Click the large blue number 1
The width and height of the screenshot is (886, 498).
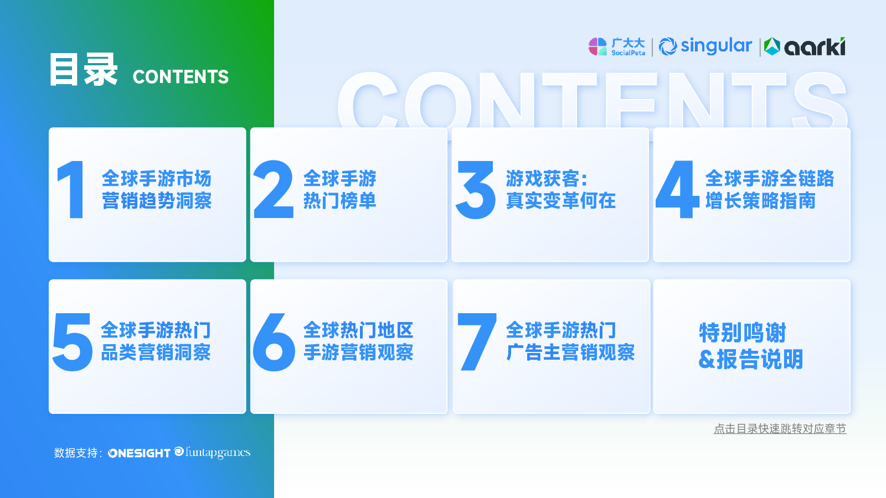tap(73, 189)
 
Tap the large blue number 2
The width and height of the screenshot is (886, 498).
tap(274, 189)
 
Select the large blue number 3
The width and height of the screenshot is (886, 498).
tap(476, 190)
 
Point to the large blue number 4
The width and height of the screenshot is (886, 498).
tap(677, 189)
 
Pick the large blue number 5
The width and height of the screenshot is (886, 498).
tap(73, 342)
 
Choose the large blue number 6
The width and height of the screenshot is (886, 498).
tap(274, 342)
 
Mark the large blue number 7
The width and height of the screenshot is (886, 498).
tap(477, 341)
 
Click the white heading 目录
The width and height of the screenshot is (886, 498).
tap(84, 70)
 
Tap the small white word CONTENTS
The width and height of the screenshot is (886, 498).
tap(181, 77)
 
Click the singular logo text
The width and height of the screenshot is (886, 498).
tap(717, 46)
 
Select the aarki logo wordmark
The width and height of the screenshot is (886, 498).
tap(815, 46)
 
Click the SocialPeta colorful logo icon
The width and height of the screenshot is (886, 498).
tap(597, 46)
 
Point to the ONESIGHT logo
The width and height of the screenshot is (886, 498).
tap(139, 453)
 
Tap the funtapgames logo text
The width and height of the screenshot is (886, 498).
tap(218, 452)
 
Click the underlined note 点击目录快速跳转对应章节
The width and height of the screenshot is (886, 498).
tap(780, 429)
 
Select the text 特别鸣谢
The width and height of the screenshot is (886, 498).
tap(743, 333)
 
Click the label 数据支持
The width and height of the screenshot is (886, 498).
tap(75, 453)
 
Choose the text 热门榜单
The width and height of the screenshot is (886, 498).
tap(340, 201)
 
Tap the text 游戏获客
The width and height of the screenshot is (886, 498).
tap(542, 179)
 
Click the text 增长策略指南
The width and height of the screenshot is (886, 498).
tap(761, 201)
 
